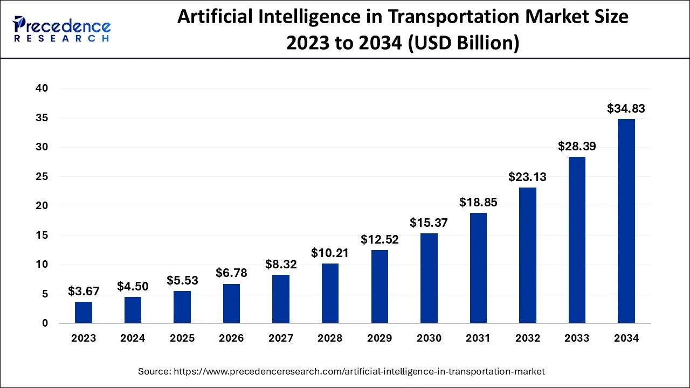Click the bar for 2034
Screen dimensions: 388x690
[626, 221]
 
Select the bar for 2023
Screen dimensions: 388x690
[84, 313]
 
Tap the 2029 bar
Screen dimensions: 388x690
[379, 287]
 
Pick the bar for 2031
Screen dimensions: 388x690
[478, 268]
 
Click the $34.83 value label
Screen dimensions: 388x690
[626, 108]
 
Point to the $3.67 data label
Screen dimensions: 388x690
[84, 291]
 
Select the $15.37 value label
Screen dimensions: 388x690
[429, 223]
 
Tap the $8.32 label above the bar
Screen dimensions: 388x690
[281, 264]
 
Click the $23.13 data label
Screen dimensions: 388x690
[528, 177]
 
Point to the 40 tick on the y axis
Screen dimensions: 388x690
[42, 88]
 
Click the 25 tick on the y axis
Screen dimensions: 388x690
[42, 177]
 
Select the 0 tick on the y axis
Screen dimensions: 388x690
[45, 323]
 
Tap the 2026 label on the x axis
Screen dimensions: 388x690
[231, 338]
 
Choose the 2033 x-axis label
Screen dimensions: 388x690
[577, 338]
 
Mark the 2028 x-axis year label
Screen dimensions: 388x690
[330, 338]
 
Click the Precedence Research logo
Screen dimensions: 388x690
[62, 29]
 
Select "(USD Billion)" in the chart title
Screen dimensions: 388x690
[465, 43]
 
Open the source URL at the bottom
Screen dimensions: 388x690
[359, 371]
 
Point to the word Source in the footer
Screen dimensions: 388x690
[154, 371]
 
